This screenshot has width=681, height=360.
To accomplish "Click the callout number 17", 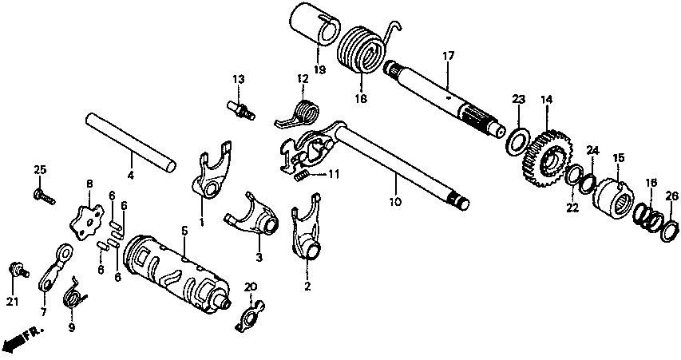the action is click(x=448, y=56).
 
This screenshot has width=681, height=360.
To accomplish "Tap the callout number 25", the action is click(x=41, y=169).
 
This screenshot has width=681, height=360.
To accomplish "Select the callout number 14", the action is click(x=546, y=100).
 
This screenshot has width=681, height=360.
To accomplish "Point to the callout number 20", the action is click(x=251, y=287).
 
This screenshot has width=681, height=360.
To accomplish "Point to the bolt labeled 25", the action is click(x=44, y=196).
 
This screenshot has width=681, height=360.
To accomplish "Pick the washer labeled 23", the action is click(x=517, y=141).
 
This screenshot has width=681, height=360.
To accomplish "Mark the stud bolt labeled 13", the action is click(x=241, y=110).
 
